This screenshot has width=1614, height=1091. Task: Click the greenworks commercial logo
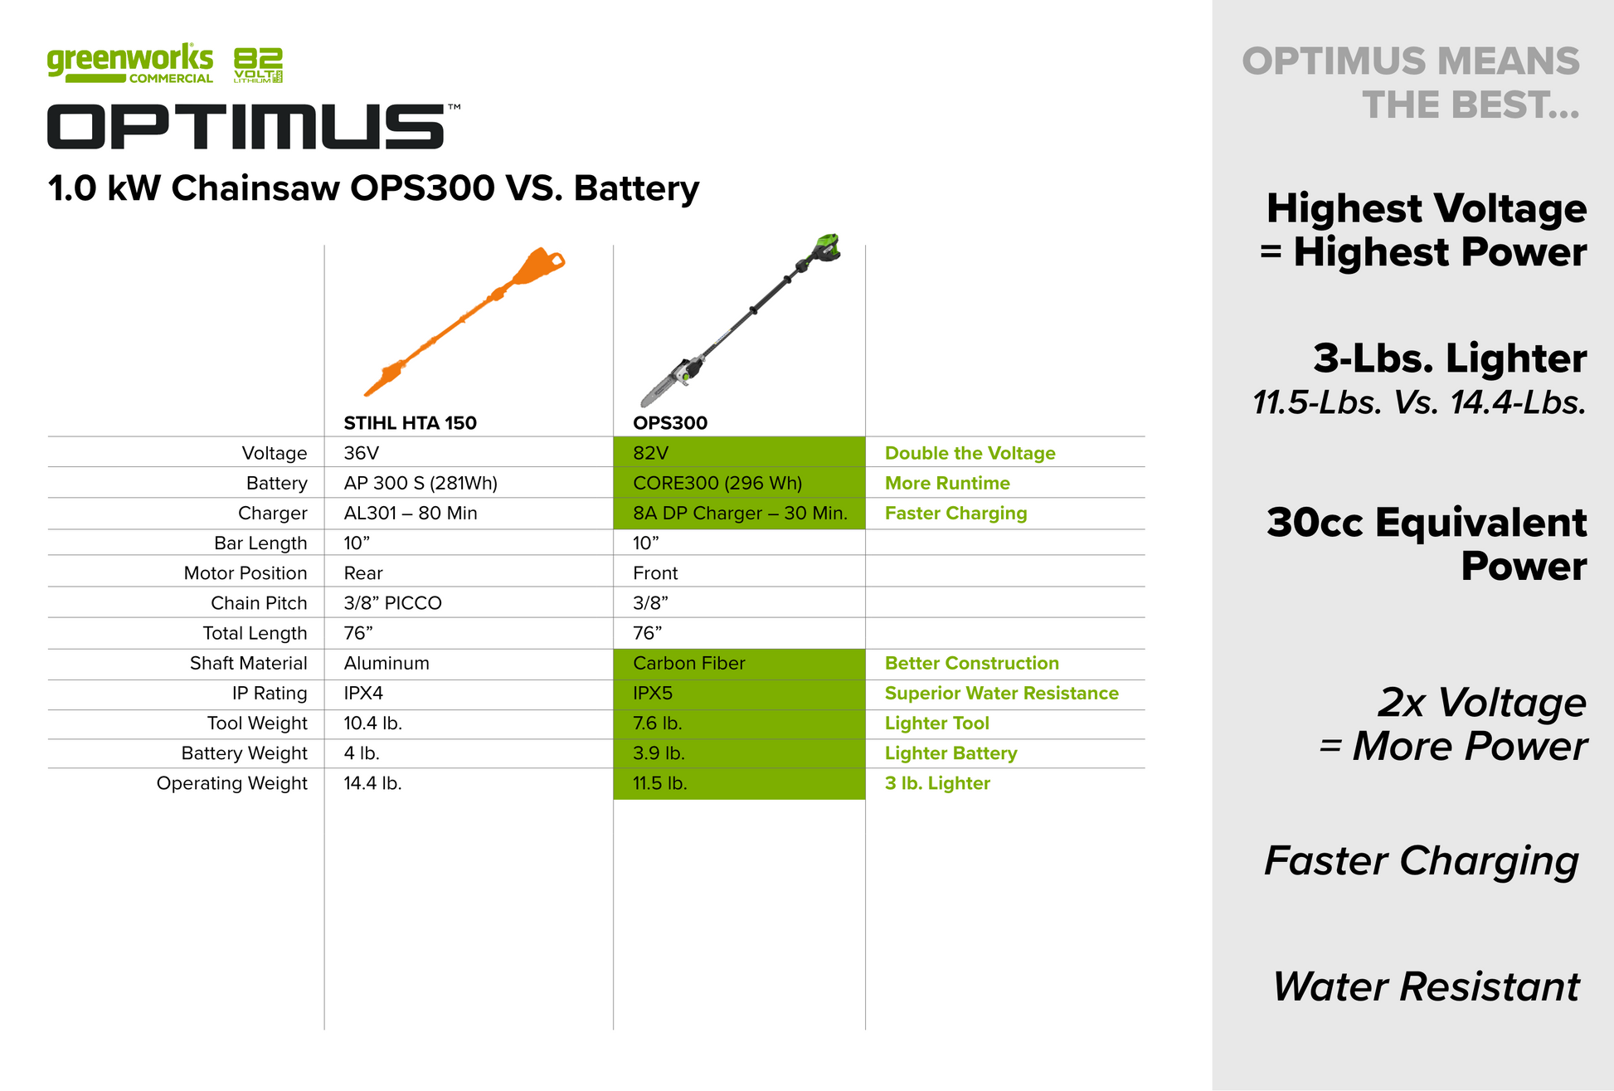[130, 63]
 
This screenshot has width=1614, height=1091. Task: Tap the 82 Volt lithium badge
[258, 66]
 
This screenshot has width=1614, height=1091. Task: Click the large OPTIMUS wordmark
[246, 127]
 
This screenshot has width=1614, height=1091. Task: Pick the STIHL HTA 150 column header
[410, 423]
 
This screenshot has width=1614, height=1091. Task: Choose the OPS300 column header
[670, 423]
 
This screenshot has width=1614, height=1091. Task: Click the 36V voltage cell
[361, 453]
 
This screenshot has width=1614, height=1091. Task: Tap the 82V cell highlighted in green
[739, 452]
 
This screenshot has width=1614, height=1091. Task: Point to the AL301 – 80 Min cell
[411, 513]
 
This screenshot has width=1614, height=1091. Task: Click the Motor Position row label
[246, 573]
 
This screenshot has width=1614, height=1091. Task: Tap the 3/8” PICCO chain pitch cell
[392, 603]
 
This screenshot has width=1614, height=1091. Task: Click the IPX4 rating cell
[363, 694]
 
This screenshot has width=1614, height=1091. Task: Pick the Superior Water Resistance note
[1001, 694]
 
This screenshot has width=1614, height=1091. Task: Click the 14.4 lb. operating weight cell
[372, 783]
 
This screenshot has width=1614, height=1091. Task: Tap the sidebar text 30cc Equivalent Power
[1427, 544]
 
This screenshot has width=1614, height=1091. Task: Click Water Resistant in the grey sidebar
[1427, 986]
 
